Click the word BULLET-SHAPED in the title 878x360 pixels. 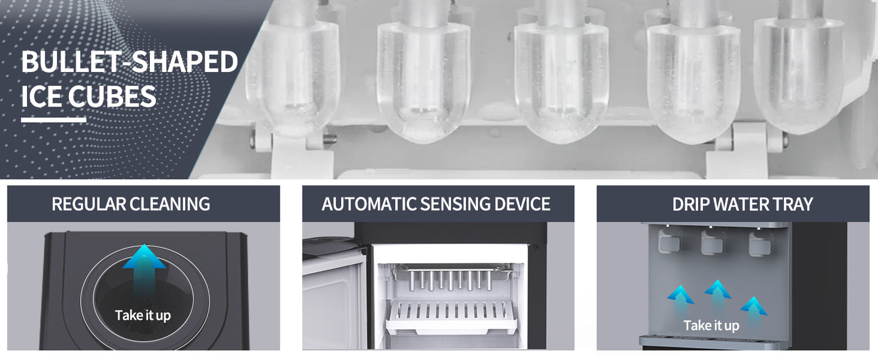tap(129, 62)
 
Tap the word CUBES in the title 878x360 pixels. tap(112, 97)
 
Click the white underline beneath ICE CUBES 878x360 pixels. tap(54, 120)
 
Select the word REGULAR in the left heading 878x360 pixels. tap(88, 204)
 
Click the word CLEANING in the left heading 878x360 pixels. tap(170, 204)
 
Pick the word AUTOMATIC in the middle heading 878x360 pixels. tap(369, 204)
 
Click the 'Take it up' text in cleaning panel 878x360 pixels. tap(143, 315)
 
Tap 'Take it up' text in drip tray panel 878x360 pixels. tap(711, 326)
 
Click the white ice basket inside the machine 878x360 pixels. tap(450, 317)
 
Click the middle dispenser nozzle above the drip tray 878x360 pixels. tap(712, 241)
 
